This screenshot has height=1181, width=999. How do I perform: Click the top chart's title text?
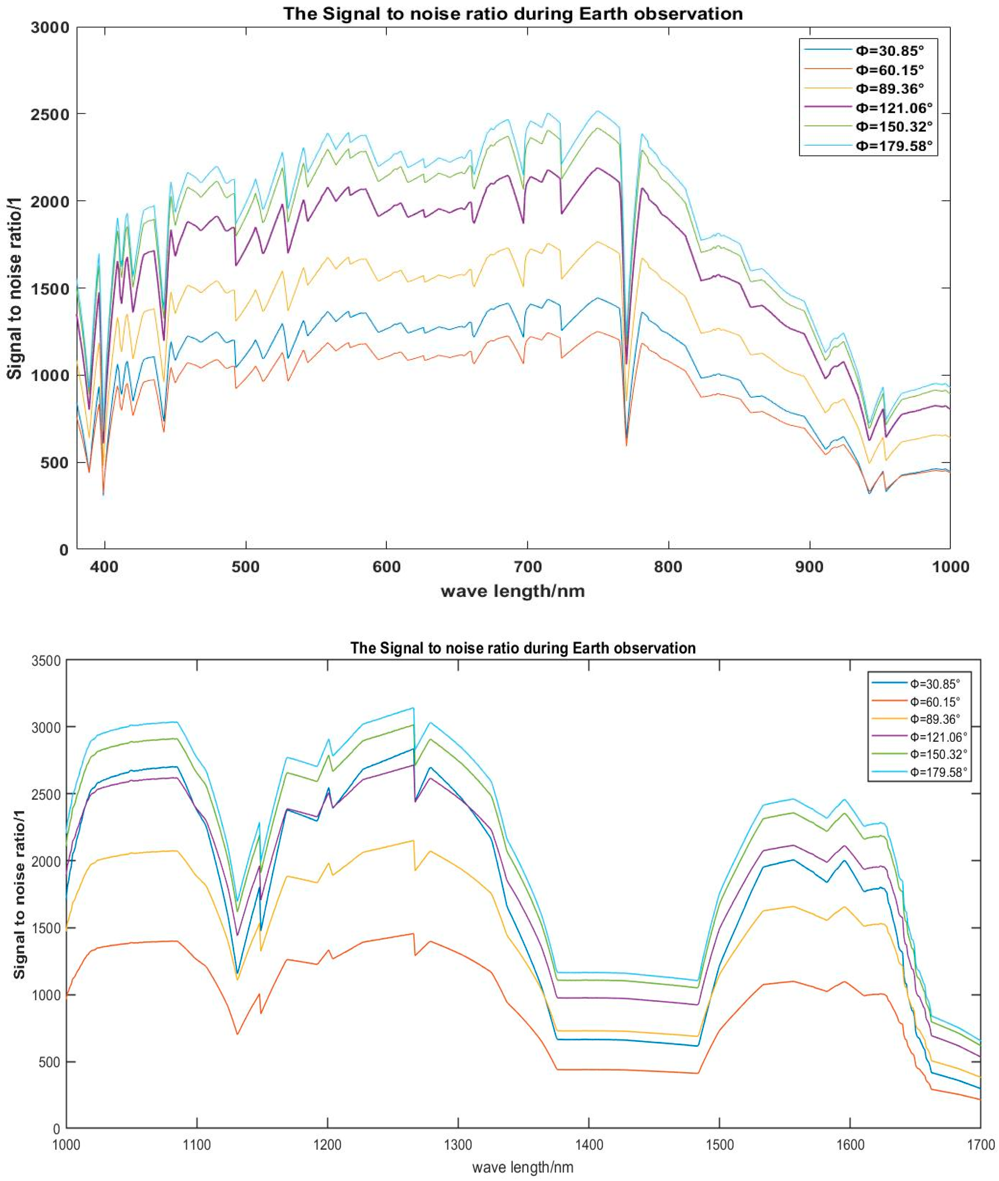pos(513,13)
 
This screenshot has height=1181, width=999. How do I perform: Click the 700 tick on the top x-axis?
pos(527,567)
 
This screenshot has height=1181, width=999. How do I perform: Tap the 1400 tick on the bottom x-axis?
pos(589,1144)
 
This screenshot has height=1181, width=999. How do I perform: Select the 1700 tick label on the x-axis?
pos(980,1144)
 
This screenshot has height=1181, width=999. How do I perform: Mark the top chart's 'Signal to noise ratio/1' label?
pos(15,288)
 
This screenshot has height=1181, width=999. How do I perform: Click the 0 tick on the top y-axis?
pos(63,549)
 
